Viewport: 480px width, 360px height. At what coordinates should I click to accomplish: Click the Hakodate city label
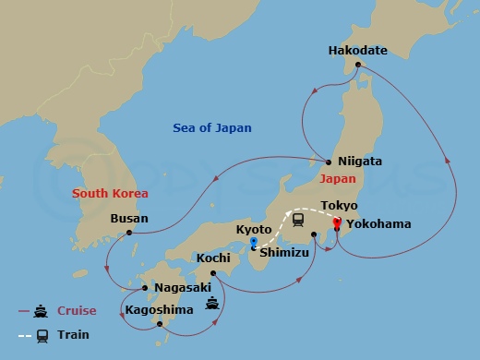(357, 51)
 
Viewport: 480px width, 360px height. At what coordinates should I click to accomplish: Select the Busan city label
(127, 219)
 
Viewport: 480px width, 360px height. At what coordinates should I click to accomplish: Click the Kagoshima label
(159, 308)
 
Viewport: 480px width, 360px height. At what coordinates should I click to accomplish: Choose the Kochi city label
(213, 260)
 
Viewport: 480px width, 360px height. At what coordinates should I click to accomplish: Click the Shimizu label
(283, 248)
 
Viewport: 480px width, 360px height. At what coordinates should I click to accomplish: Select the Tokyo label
(338, 205)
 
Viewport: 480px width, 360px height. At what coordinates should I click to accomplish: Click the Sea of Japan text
(212, 128)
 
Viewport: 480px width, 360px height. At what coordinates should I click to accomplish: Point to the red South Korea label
(109, 193)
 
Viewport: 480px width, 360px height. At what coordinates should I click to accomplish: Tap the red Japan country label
(337, 178)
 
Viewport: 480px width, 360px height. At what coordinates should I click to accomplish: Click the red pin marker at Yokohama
(337, 222)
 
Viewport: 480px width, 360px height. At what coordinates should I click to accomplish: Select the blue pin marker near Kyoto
(254, 243)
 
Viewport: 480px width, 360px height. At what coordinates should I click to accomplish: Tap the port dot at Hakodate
(357, 64)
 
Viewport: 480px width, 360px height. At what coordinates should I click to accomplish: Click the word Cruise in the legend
(78, 311)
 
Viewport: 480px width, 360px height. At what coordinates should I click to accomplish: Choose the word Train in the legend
(73, 335)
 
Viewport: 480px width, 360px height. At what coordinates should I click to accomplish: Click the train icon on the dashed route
(299, 220)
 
